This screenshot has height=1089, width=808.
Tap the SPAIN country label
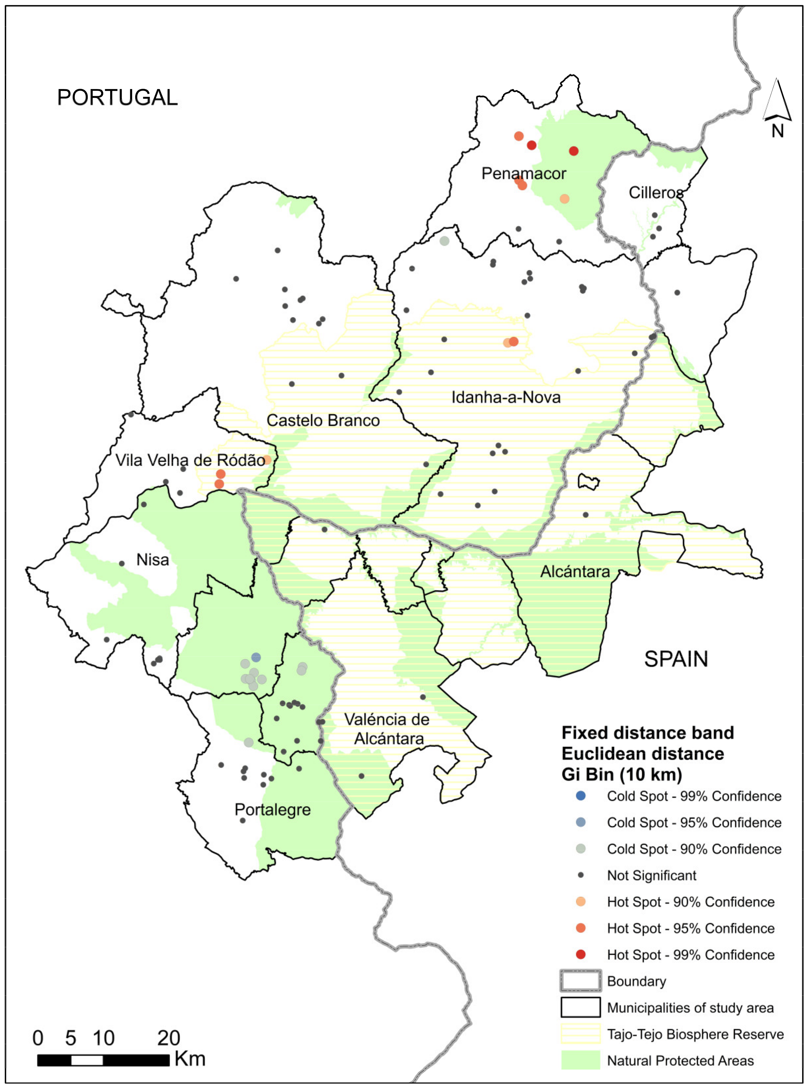pos(676,659)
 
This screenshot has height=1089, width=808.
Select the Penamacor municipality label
pos(524,174)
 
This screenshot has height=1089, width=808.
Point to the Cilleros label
pos(655,193)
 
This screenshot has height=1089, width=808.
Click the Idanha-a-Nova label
pos(506,397)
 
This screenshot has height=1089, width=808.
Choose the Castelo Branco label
pos(323,421)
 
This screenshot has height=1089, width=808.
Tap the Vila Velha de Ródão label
pos(190,460)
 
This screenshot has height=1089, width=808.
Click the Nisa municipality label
pos(153,559)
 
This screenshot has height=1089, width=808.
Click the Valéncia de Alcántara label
pos(387,729)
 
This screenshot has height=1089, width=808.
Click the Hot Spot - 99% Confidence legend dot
pos(581,955)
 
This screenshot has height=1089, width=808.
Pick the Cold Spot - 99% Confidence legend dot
pos(581,796)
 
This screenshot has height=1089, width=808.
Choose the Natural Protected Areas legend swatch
pos(581,1060)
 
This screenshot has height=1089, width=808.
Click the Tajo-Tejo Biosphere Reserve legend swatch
pos(581,1034)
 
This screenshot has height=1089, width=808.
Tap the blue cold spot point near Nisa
pos(256,657)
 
